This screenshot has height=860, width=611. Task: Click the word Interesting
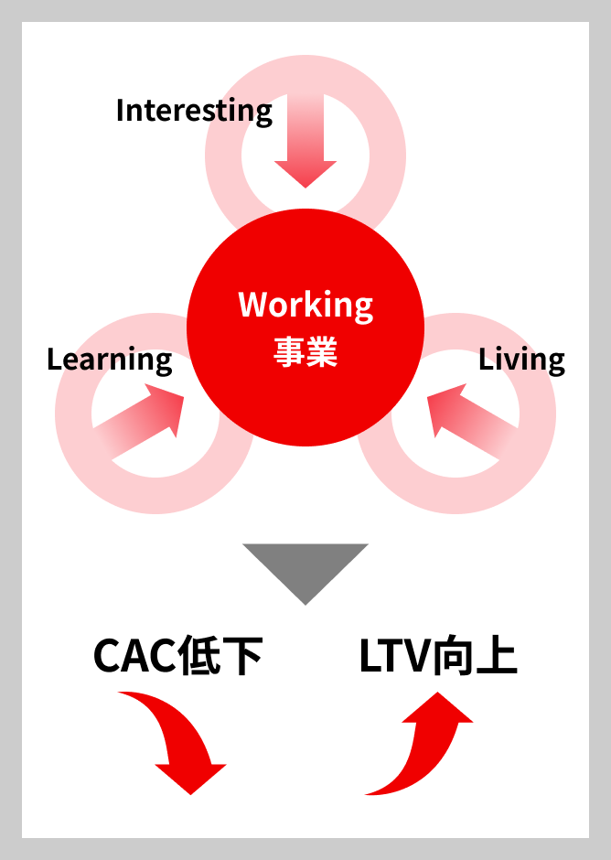[x=194, y=112]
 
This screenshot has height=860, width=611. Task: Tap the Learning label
[x=110, y=360]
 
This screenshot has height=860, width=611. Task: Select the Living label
[x=521, y=360]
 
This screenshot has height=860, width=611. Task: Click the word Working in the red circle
[x=305, y=306]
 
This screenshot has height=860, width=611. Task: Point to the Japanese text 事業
[x=305, y=351]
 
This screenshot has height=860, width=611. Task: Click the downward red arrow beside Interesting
[x=305, y=141]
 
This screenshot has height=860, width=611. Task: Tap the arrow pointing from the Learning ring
[x=138, y=421]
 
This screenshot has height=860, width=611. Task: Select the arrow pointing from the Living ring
[x=473, y=421]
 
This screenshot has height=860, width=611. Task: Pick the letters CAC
[x=135, y=656]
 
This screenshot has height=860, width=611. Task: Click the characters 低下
[x=220, y=656]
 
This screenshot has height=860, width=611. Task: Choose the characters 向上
[x=474, y=656]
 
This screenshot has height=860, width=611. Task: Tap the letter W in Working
[x=253, y=304]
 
